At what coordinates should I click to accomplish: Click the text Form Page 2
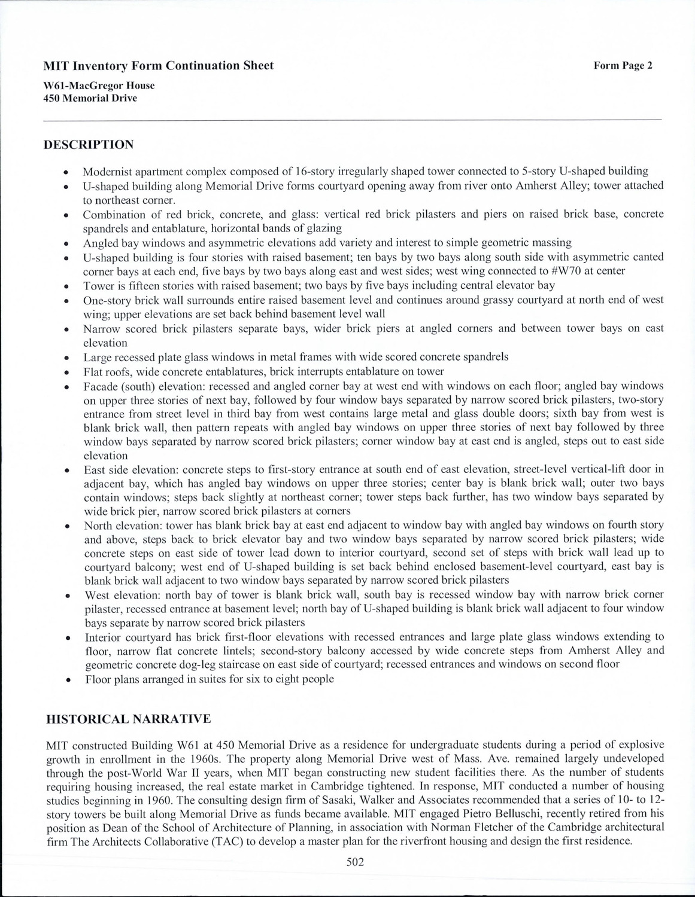coord(623,66)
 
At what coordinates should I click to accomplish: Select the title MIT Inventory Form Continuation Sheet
coord(159,66)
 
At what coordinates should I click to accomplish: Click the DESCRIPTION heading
coord(90,145)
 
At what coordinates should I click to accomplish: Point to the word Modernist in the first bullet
coord(106,171)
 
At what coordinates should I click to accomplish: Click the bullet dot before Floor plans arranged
coord(71,680)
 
